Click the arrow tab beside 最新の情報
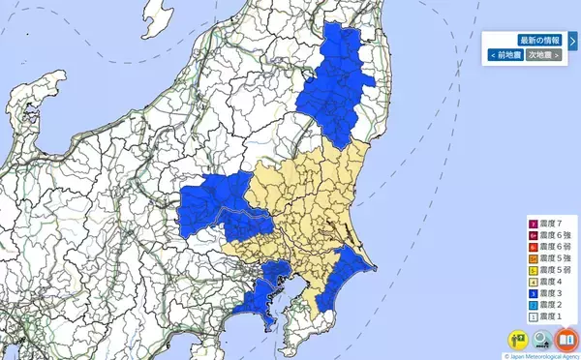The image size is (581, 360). (x=572, y=42)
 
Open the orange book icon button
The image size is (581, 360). (x=566, y=341)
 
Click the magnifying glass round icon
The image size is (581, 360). (x=543, y=341)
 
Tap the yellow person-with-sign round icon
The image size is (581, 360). (x=520, y=341)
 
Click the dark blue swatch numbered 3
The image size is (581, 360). (x=533, y=293)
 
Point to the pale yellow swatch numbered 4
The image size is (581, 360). (x=533, y=282)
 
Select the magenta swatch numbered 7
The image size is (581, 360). (x=533, y=224)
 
